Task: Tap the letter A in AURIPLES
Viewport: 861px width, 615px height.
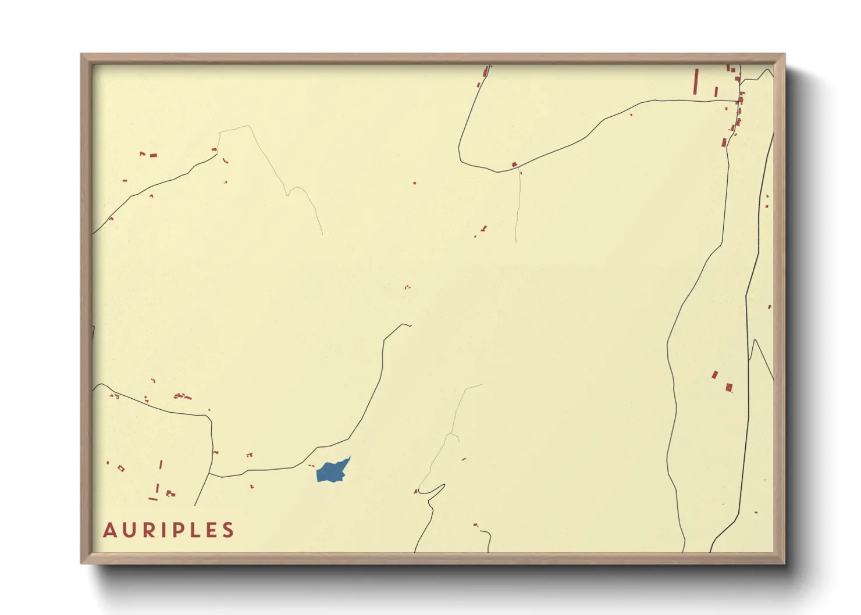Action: coord(110,530)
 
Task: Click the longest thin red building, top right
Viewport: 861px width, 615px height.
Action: coord(696,81)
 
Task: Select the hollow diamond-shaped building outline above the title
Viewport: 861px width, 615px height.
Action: coord(121,468)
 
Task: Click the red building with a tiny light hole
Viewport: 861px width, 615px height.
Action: coord(729,387)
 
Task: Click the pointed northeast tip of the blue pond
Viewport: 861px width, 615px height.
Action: coord(350,457)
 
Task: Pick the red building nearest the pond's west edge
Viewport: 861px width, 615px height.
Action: coord(311,466)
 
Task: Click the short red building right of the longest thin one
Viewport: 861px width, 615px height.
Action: coord(716,92)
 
